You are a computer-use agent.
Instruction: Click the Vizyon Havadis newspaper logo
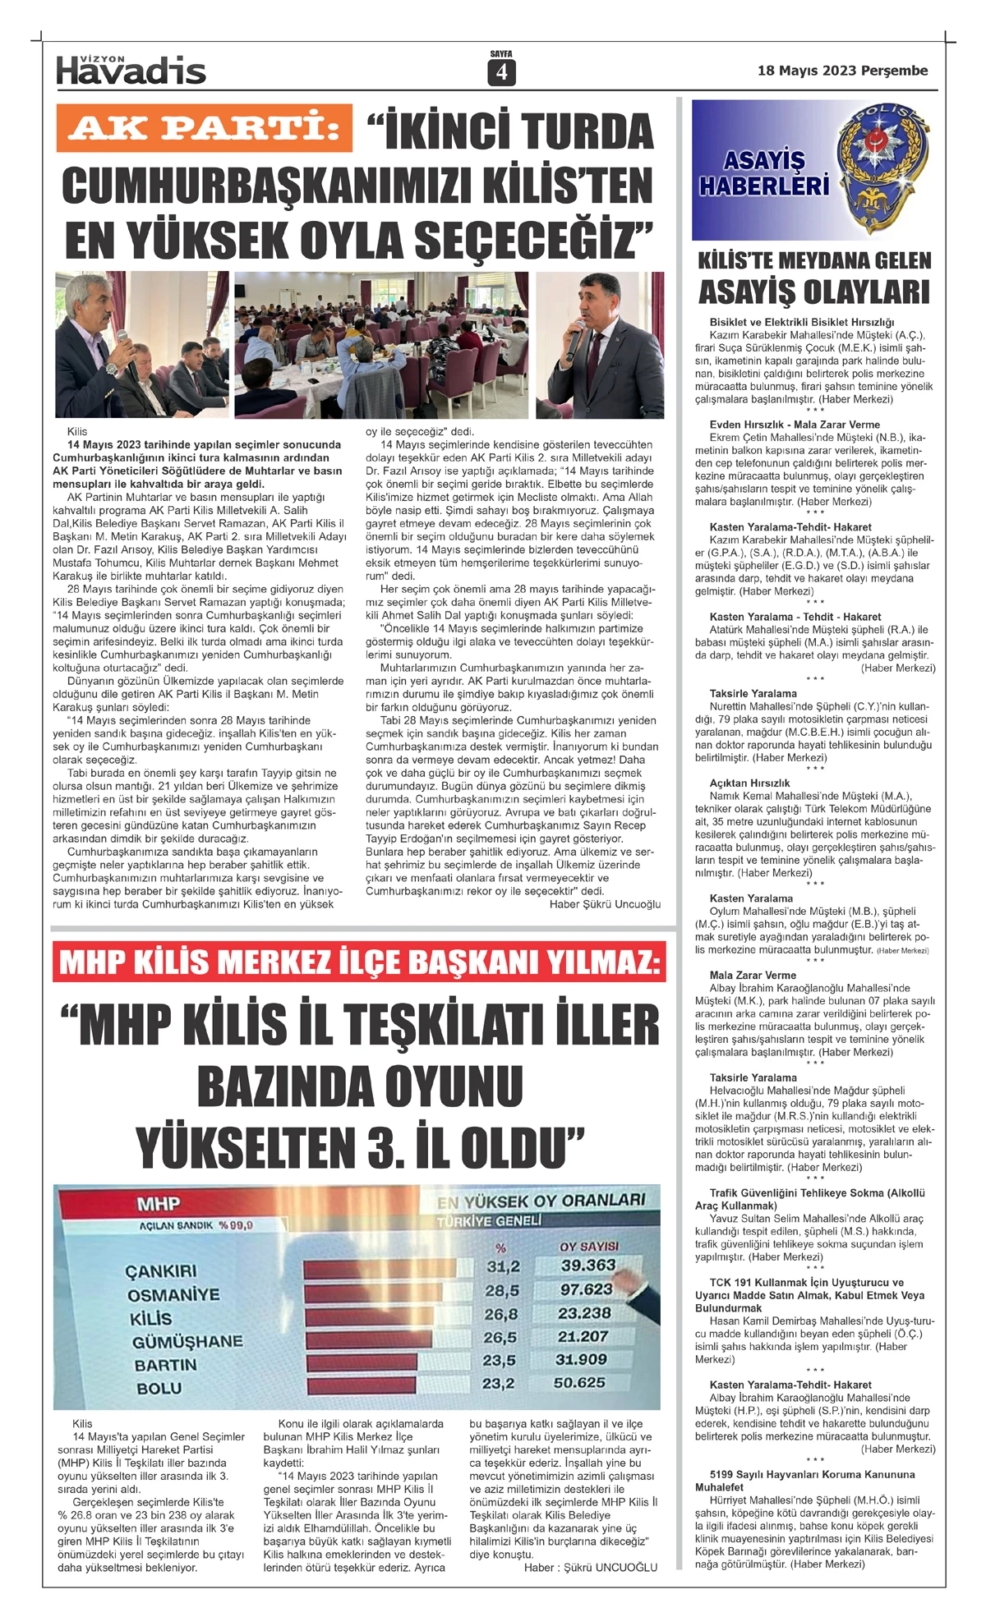click(x=131, y=71)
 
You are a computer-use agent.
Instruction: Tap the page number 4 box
click(x=500, y=73)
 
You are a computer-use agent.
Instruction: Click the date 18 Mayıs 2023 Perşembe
click(x=842, y=71)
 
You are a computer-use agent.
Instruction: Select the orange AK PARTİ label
click(x=204, y=128)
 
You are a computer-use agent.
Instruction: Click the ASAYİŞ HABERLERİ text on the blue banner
click(x=763, y=173)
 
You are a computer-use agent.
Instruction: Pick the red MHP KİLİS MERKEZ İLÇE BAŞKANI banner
click(x=360, y=962)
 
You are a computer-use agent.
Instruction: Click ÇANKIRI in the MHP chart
click(x=161, y=1271)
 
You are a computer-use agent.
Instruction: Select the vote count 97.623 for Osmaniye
click(x=587, y=1289)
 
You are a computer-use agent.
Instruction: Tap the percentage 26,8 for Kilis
click(x=501, y=1314)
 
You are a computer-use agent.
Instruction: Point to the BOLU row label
click(x=159, y=1388)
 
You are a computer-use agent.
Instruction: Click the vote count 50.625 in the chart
click(x=579, y=1383)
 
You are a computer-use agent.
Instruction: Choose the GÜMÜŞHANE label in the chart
click(x=187, y=1341)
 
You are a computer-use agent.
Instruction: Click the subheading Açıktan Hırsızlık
click(x=749, y=783)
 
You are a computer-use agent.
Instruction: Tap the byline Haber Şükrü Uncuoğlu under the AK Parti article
click(x=605, y=904)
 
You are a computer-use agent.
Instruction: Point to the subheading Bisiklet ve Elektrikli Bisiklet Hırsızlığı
click(x=802, y=322)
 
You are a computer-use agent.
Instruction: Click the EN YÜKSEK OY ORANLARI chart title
click(x=541, y=1201)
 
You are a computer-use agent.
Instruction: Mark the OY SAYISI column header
click(x=588, y=1246)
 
